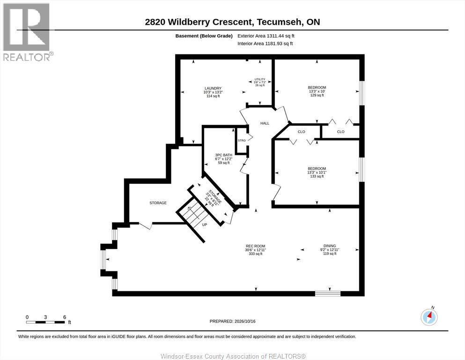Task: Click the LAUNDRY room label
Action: [x=213, y=88]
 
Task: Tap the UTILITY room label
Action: [x=260, y=79]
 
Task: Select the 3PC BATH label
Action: [x=224, y=155]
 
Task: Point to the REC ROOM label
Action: [x=255, y=246]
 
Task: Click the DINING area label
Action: [x=330, y=246]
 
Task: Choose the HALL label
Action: [x=265, y=123]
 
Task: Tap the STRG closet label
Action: [x=242, y=140]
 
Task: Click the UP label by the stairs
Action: [x=204, y=225]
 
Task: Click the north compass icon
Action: [x=429, y=317]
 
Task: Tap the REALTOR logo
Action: [x=27, y=32]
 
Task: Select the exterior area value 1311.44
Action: [x=275, y=36]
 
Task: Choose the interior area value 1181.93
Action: [x=274, y=44]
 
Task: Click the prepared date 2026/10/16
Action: [x=245, y=321]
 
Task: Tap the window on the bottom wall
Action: [x=328, y=293]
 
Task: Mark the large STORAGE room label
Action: [x=158, y=203]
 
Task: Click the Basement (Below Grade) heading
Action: [x=204, y=36]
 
